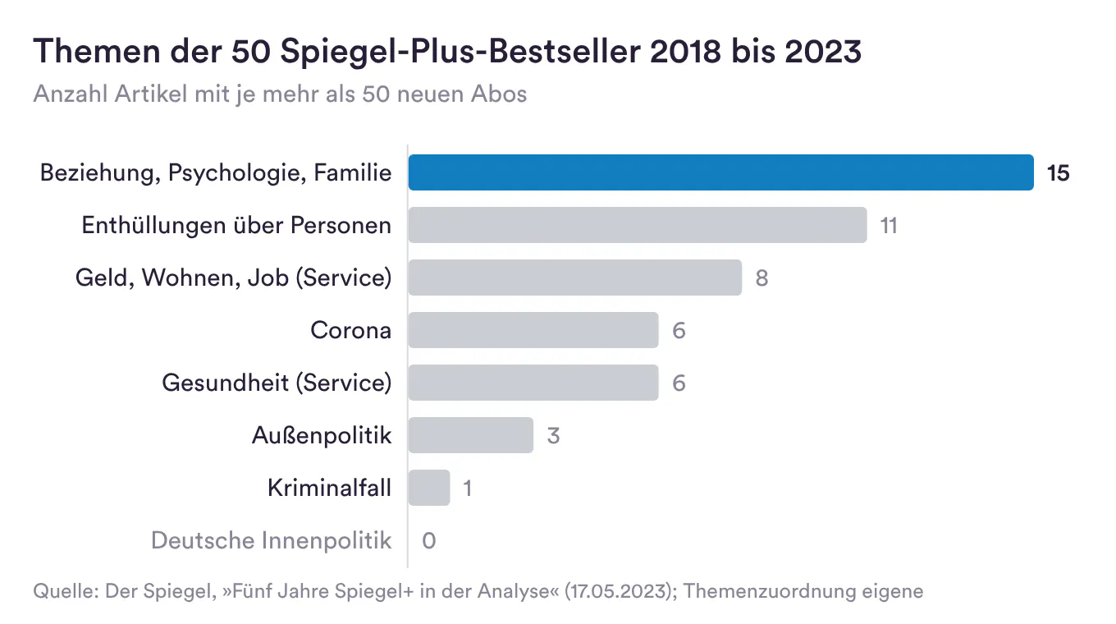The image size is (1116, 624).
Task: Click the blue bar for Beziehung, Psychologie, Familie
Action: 721,172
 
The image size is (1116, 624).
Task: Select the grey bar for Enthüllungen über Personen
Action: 638,225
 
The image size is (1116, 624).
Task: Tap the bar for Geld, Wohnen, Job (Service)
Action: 575,278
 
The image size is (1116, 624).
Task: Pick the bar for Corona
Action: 533,330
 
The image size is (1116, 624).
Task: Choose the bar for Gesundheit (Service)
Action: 533,383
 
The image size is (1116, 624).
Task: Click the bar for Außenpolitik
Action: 471,435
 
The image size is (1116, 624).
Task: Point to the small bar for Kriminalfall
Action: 429,488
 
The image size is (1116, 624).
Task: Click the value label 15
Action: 1059,173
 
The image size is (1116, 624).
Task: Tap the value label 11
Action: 889,226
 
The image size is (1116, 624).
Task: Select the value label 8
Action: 762,278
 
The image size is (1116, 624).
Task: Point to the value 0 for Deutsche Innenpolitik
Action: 429,541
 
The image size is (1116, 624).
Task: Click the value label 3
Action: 554,436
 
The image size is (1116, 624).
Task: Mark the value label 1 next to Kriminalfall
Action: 468,489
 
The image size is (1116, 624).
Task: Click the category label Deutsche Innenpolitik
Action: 271,540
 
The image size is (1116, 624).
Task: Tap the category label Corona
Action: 350,330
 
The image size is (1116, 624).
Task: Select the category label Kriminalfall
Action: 329,488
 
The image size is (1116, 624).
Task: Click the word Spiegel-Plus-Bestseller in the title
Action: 460,52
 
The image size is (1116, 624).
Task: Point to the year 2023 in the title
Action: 823,52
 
